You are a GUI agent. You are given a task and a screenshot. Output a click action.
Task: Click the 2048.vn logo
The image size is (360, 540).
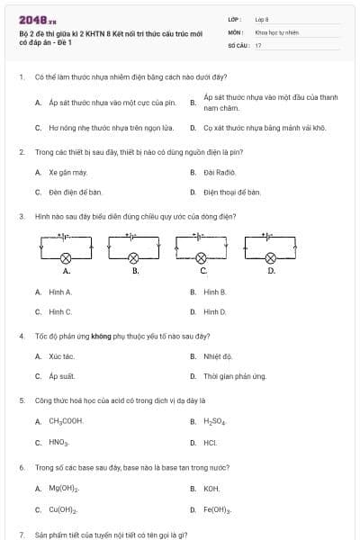pos(39,20)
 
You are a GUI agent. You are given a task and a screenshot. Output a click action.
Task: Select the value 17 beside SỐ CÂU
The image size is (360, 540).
pos(258,44)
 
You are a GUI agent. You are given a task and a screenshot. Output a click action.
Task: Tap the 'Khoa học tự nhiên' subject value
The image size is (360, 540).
pos(276,31)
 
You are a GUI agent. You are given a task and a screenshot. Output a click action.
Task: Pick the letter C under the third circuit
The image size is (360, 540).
pos(203,270)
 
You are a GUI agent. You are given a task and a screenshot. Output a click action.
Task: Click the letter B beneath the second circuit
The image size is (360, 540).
pos(135,270)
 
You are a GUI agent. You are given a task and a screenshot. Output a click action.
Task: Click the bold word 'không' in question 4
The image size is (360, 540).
pos(126,336)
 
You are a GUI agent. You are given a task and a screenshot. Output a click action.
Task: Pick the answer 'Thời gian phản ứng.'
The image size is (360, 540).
pos(235,376)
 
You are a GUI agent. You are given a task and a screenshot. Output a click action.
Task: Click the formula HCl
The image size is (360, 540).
pos(211,442)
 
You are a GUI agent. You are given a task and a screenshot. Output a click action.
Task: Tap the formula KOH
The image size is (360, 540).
pos(211,489)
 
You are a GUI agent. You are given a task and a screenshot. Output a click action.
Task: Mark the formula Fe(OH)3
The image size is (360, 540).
pos(218,509)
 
